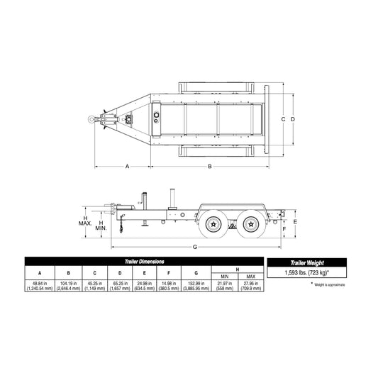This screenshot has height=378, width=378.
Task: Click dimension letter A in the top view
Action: [x=127, y=166]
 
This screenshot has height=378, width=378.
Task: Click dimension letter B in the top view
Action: [x=210, y=166]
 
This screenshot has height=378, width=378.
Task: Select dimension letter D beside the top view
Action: [x=292, y=118]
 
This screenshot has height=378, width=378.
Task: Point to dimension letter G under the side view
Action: [x=195, y=247]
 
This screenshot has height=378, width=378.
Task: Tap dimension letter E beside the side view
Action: [x=294, y=221]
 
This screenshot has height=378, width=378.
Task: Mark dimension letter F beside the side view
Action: [x=283, y=229]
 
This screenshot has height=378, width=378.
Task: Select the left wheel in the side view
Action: [x=213, y=224]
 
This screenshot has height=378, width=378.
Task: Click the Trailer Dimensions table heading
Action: [x=140, y=262]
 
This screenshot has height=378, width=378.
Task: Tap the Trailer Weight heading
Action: [x=309, y=262]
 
